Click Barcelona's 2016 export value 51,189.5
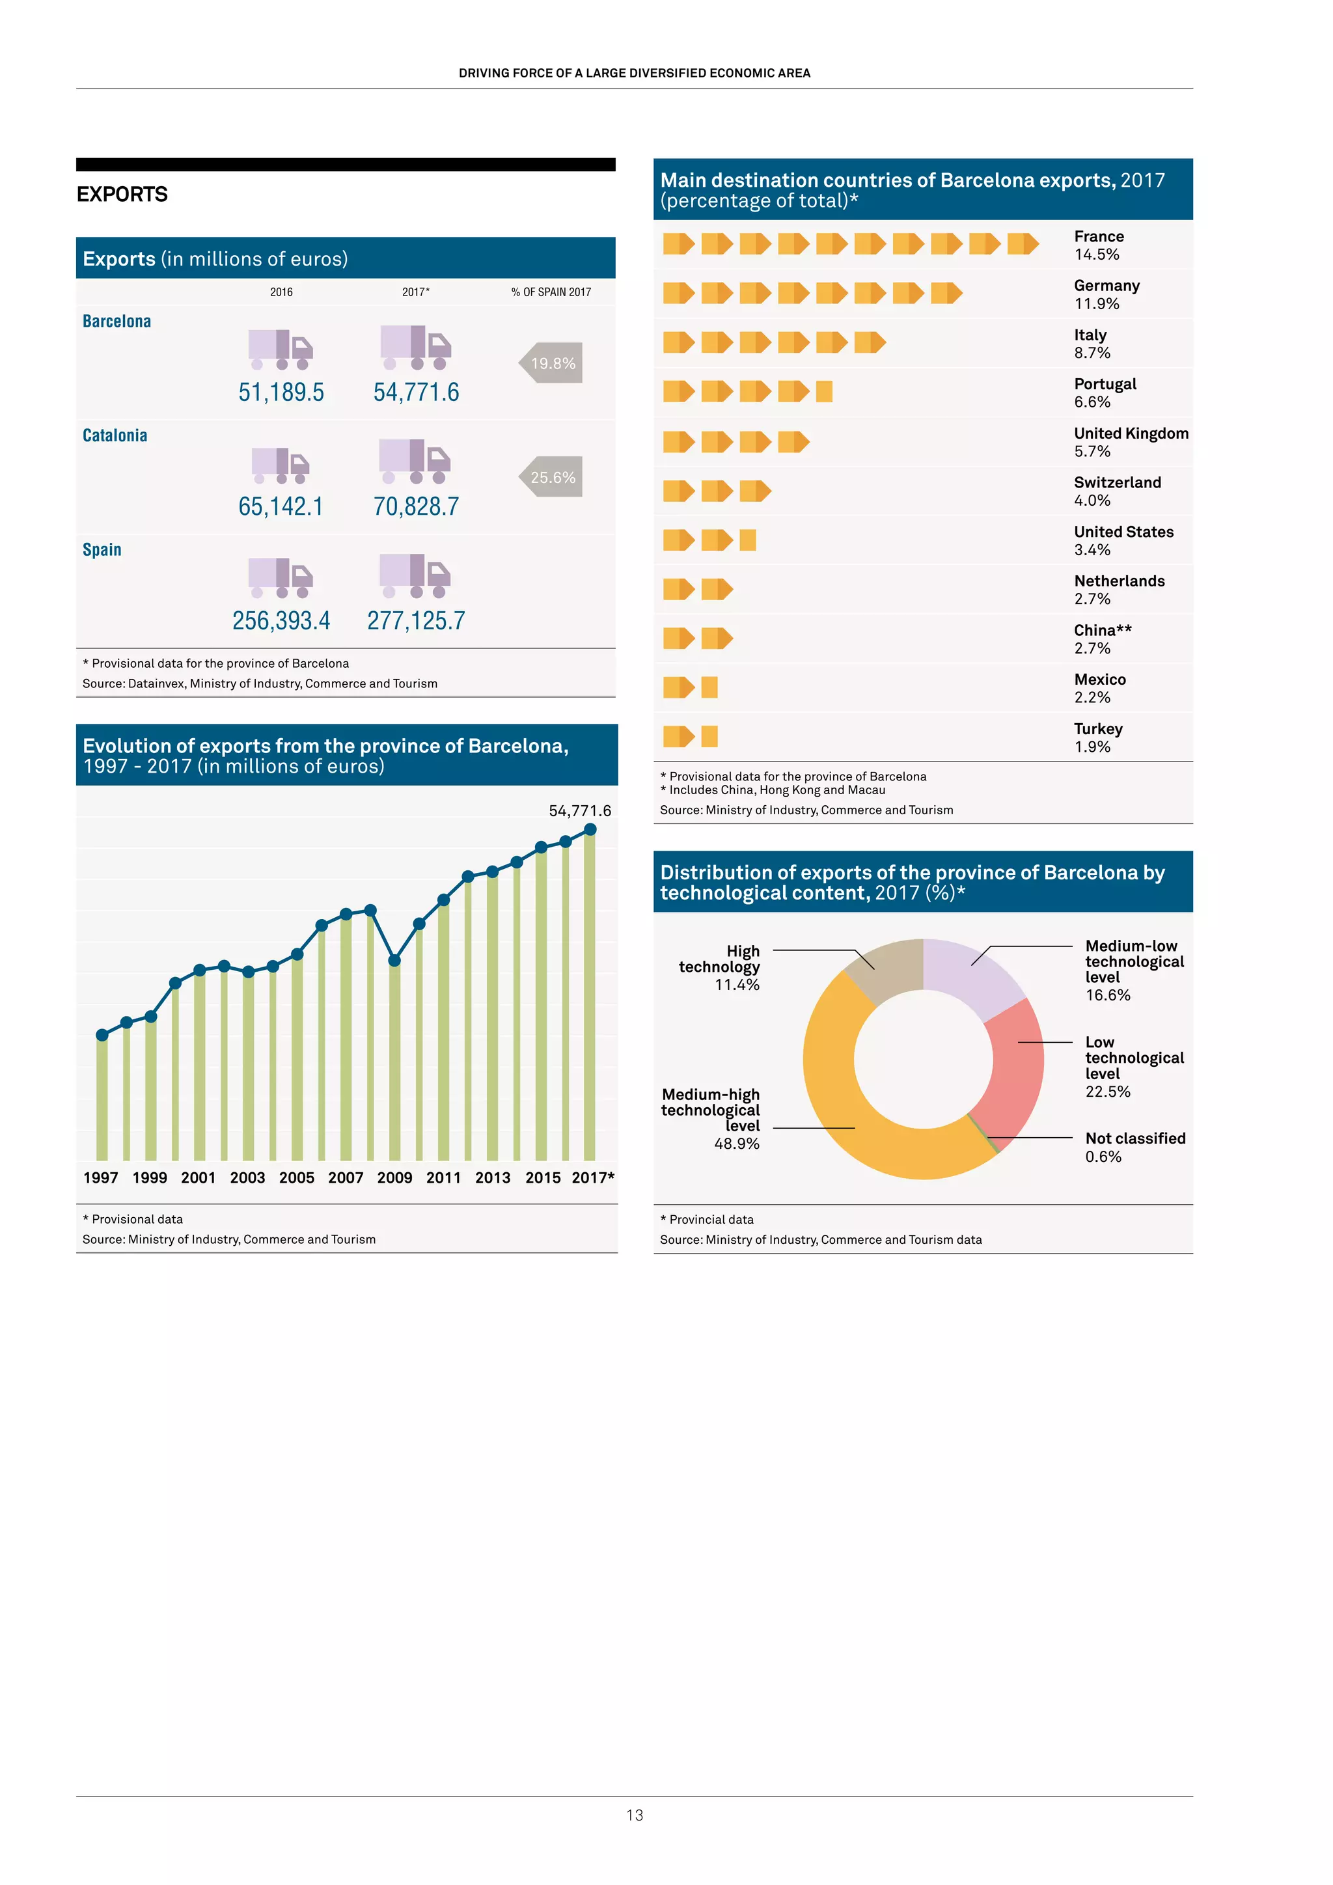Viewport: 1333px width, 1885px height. pyautogui.click(x=281, y=392)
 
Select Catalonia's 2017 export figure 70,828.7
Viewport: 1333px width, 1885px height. pyautogui.click(x=416, y=506)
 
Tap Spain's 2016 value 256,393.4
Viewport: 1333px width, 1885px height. pyautogui.click(x=281, y=621)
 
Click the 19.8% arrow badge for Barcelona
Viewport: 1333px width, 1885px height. pyautogui.click(x=551, y=363)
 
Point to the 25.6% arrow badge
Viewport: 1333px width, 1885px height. pyautogui.click(x=551, y=477)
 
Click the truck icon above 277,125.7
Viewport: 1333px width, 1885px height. pyautogui.click(x=415, y=575)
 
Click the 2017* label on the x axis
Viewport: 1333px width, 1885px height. pyautogui.click(x=593, y=1177)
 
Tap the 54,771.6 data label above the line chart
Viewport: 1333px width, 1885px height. pyautogui.click(x=579, y=811)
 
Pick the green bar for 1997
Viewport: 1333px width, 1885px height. pyautogui.click(x=102, y=1100)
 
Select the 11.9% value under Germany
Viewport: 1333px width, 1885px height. pyautogui.click(x=1097, y=304)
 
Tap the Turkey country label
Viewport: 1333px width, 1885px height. pyautogui.click(x=1098, y=729)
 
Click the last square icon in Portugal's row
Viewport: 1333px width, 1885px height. pyautogui.click(x=824, y=392)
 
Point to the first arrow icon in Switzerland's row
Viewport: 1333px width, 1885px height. pyautogui.click(x=679, y=491)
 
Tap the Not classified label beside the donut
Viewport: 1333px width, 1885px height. pyautogui.click(x=1135, y=1138)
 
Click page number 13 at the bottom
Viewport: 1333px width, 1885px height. pyautogui.click(x=635, y=1815)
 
